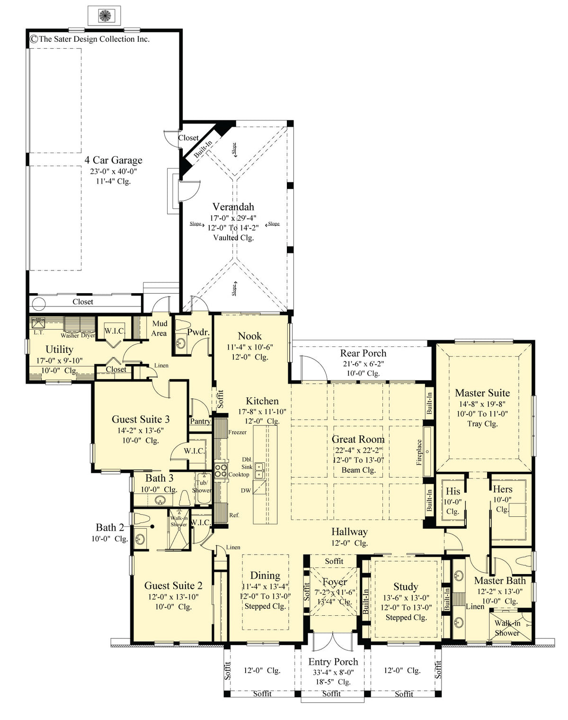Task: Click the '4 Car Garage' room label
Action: click(x=113, y=160)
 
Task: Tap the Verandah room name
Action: click(x=233, y=207)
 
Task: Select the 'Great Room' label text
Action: click(x=358, y=439)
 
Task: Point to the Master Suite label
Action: click(x=482, y=393)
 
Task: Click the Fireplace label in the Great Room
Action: click(x=419, y=452)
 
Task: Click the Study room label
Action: click(x=406, y=586)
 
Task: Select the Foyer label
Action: click(x=335, y=582)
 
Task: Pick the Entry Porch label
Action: click(x=333, y=662)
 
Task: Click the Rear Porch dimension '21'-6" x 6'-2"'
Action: click(x=363, y=363)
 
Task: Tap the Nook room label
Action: click(x=249, y=336)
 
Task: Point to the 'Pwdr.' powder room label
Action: click(x=198, y=332)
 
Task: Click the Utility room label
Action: click(x=59, y=349)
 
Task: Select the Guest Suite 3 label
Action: click(x=141, y=419)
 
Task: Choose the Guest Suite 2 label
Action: click(x=173, y=585)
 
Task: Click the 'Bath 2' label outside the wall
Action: click(x=109, y=527)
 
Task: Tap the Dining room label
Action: click(x=265, y=575)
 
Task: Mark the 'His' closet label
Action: click(x=453, y=491)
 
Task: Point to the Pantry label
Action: click(x=200, y=421)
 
